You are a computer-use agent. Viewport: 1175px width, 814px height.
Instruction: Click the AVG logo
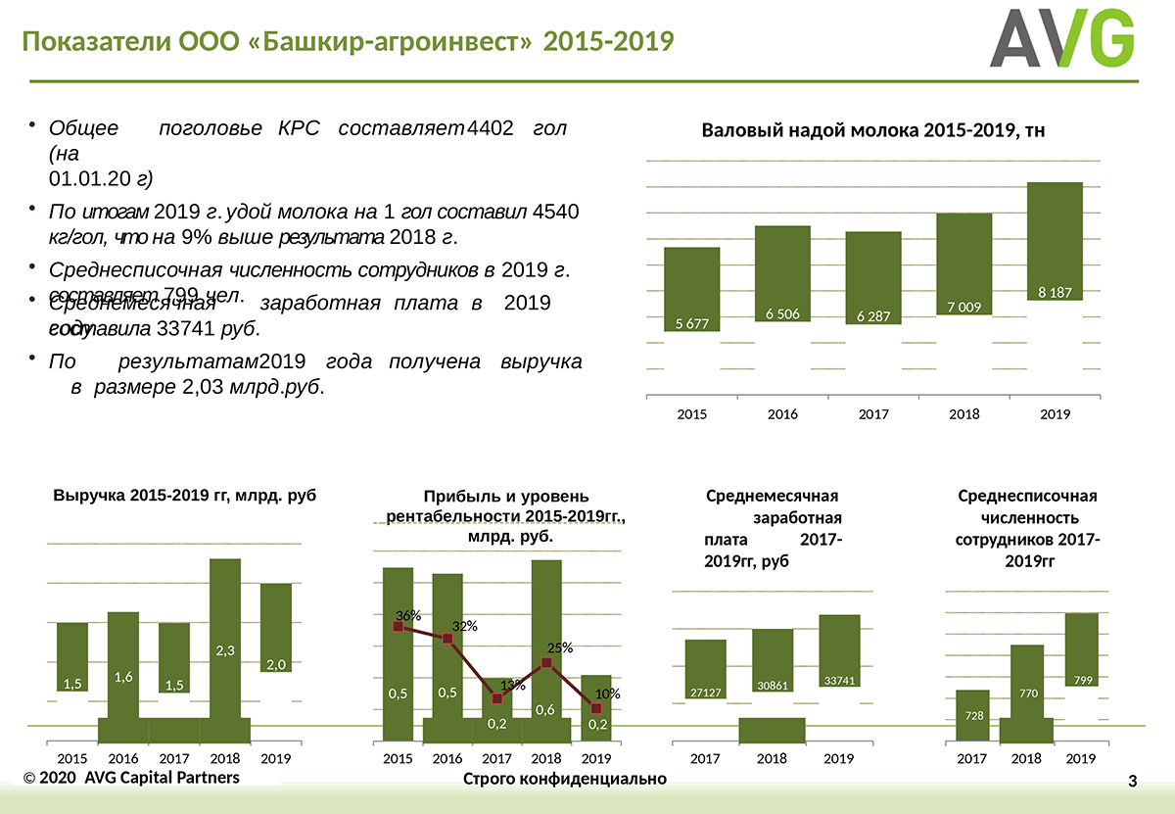[1061, 39]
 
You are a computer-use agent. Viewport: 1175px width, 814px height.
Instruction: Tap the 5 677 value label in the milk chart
[691, 323]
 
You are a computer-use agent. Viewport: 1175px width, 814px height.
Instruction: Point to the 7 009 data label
[963, 308]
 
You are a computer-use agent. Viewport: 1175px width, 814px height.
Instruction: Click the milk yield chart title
[873, 130]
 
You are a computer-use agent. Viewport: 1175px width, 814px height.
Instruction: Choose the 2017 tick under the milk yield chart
[873, 414]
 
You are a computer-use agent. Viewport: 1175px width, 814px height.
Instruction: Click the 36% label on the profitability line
[408, 615]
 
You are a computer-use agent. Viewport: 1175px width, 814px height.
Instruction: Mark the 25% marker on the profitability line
[546, 663]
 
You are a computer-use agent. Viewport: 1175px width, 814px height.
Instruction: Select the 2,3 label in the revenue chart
[225, 650]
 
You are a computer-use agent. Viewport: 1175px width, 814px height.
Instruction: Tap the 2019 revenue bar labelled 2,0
[276, 627]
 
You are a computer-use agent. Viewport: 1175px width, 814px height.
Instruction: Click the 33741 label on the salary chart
[839, 680]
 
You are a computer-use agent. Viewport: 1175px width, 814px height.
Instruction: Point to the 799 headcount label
[1083, 680]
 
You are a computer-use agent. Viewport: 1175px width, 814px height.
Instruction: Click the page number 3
[1133, 781]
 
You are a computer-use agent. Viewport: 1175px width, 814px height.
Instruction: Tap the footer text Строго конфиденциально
[565, 779]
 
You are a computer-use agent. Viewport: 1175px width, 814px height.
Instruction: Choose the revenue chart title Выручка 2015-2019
[185, 496]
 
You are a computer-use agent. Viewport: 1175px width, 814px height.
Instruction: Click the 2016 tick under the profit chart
[447, 758]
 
